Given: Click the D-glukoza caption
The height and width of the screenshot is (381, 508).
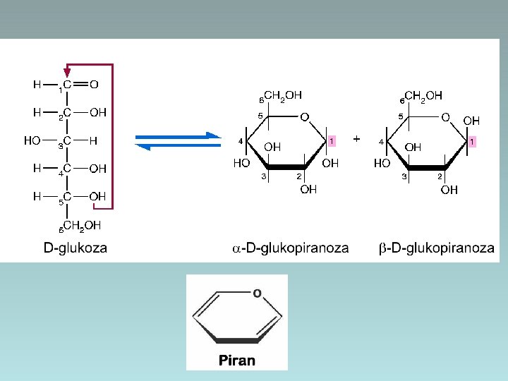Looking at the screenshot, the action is coord(75,248).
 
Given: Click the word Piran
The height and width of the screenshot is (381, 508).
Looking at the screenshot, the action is coord(237,360).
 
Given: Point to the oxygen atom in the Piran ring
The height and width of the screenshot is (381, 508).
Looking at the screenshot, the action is coord(257,292).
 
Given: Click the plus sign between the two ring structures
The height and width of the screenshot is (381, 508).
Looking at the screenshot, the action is coord(356,139).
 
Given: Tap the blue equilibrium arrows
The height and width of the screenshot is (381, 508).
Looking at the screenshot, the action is coord(178,140).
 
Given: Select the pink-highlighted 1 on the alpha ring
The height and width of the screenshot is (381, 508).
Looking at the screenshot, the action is coord(331,141).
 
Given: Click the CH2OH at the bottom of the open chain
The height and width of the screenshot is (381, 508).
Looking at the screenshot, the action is coord(82,226).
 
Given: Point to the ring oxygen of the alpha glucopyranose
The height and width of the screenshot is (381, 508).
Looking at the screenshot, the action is coord(304,116).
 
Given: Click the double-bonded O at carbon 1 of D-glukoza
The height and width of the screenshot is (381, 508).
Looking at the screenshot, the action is coord(94,85).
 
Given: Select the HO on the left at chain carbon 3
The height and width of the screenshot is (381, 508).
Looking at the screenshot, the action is coord(32,140).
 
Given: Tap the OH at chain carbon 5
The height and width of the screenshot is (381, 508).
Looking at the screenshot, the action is coord(98,196).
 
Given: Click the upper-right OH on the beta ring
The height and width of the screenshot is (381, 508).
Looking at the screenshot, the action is coord(471,121).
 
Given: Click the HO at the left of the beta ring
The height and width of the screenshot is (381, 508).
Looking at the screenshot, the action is coord(382,162).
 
